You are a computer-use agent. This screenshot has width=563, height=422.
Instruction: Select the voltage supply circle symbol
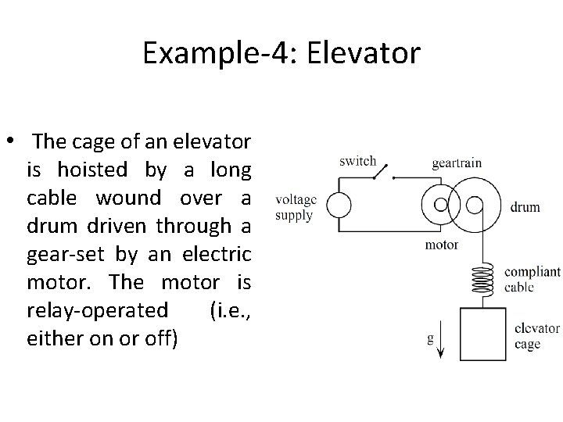pyautogui.click(x=339, y=205)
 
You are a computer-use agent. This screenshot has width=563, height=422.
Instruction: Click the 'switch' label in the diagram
pyautogui.click(x=357, y=162)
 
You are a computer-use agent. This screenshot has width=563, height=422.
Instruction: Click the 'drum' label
pyautogui.click(x=525, y=207)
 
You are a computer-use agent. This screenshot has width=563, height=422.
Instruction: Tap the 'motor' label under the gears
pyautogui.click(x=441, y=244)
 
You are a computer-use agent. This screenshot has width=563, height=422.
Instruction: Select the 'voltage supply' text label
pyautogui.click(x=295, y=207)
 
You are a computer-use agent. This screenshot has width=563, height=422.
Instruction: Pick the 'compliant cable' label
pyautogui.click(x=533, y=279)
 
